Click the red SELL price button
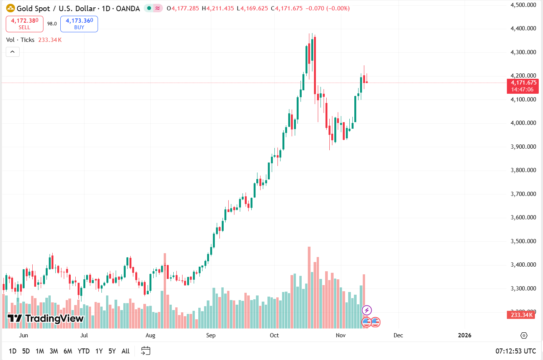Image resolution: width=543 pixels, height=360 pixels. pos(25,24)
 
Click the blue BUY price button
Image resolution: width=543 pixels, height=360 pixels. pos(79,24)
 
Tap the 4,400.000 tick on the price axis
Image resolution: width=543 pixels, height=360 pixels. pos(523,28)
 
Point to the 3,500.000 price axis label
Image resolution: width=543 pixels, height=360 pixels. pos(523,241)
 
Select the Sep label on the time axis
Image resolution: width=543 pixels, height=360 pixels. pos(211,335)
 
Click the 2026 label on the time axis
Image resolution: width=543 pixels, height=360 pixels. pos(465,335)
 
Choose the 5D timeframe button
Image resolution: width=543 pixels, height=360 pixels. pos(26,351)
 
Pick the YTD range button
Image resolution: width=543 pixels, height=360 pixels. pos(83,351)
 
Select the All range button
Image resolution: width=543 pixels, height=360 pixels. pos(125,351)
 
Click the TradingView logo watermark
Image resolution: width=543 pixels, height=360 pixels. pos(46,319)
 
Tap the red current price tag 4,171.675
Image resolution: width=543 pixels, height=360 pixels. pos(523,86)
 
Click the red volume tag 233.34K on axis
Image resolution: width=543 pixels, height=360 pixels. pos(522,315)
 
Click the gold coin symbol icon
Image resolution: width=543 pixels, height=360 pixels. pos(10,8)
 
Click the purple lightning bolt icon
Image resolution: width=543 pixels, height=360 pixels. pos(367,310)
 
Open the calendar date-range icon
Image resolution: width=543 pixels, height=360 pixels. pos(146,351)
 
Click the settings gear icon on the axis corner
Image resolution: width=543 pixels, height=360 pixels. pos(524,335)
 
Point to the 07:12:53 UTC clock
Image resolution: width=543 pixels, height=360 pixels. pos(515,351)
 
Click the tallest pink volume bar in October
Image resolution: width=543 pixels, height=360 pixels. pos(309,287)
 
